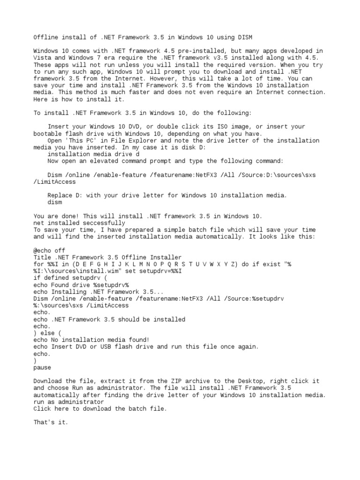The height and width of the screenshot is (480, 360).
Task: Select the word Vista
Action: tap(42, 58)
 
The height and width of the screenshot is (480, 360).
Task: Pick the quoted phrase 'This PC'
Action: tap(75, 141)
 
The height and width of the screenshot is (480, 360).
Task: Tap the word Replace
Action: tap(60, 195)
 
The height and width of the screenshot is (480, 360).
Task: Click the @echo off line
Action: tap(49, 251)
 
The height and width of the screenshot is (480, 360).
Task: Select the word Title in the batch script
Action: tap(42, 257)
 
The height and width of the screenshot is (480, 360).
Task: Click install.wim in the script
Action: tap(95, 271)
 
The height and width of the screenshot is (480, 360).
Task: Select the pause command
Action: tap(42, 367)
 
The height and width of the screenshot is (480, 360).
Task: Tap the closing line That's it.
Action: tap(51, 422)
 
